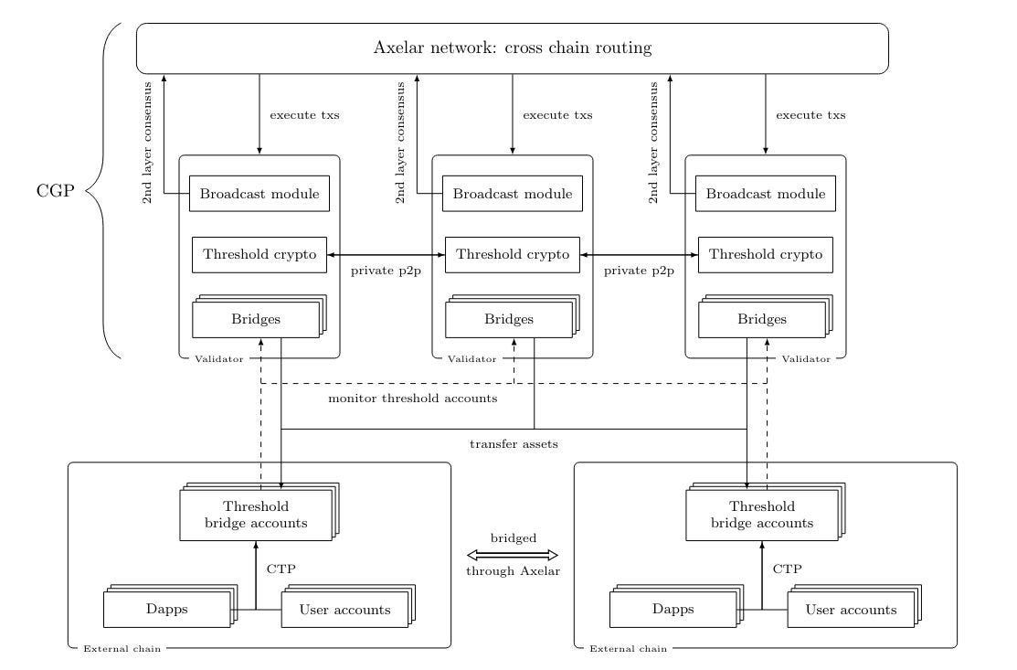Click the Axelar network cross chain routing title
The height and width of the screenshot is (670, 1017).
click(x=513, y=48)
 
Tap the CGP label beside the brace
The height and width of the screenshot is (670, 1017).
click(x=56, y=191)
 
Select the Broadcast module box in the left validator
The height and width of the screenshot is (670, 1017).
click(x=260, y=193)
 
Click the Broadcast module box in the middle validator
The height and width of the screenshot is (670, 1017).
click(x=513, y=193)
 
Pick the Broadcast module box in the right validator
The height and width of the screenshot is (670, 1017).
click(x=766, y=193)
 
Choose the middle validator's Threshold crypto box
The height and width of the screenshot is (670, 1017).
click(x=513, y=255)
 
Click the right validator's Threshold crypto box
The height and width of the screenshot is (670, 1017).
click(x=766, y=255)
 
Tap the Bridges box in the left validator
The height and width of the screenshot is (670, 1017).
click(x=256, y=319)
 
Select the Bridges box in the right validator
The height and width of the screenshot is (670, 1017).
click(x=762, y=319)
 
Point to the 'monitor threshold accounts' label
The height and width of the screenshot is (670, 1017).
click(x=412, y=399)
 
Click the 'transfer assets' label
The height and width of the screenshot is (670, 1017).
click(x=514, y=444)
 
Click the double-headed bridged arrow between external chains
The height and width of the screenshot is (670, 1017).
click(x=513, y=555)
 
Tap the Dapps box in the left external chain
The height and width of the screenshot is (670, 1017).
click(x=167, y=609)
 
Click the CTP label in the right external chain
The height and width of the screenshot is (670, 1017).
click(x=788, y=569)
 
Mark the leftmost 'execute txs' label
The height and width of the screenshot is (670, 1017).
click(x=304, y=115)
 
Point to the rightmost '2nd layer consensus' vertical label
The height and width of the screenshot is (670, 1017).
click(x=653, y=143)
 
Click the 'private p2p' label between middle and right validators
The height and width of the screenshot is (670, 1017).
click(x=639, y=271)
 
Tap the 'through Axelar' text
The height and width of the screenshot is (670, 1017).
click(x=513, y=571)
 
